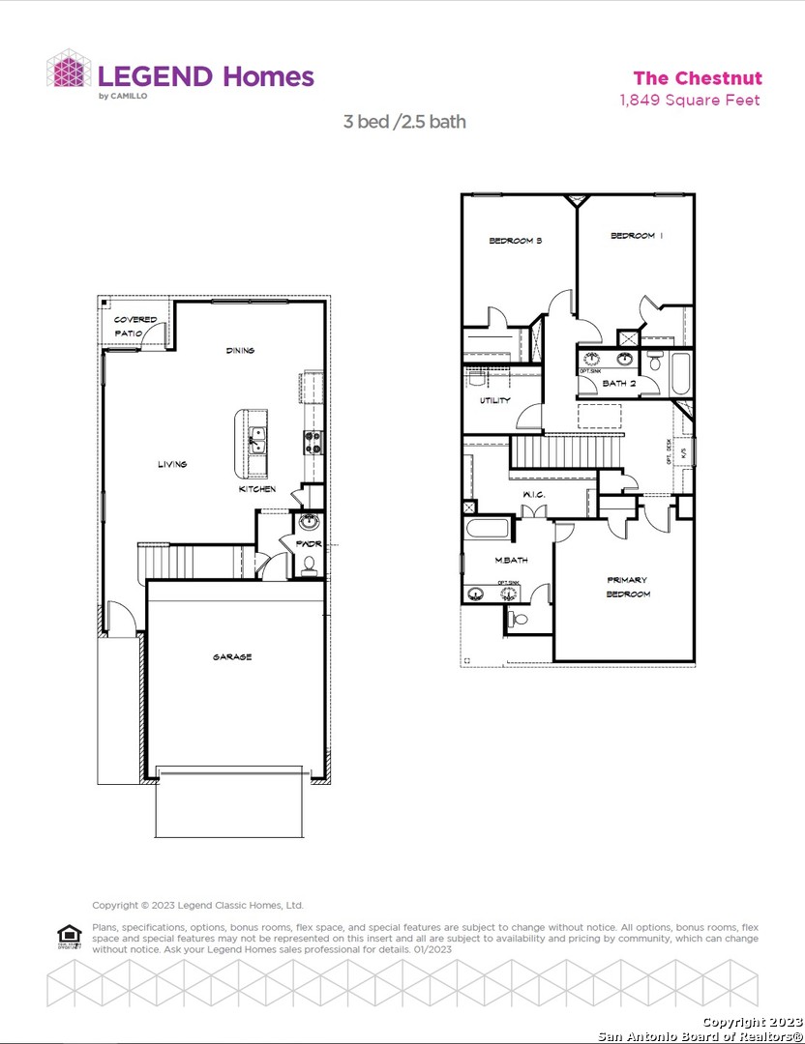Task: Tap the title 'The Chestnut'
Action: click(x=697, y=78)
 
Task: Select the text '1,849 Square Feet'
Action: click(x=689, y=100)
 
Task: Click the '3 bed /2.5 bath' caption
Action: click(x=404, y=122)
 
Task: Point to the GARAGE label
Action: click(x=232, y=657)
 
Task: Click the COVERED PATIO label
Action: click(x=134, y=326)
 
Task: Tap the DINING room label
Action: click(x=240, y=350)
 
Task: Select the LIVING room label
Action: click(x=172, y=464)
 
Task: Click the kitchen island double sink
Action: click(x=256, y=441)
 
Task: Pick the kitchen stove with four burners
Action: click(x=313, y=442)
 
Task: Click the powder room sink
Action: click(x=310, y=525)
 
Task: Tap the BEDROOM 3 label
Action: click(x=515, y=241)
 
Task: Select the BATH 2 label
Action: click(x=619, y=384)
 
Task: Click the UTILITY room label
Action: click(x=495, y=399)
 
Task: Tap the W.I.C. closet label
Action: click(x=535, y=496)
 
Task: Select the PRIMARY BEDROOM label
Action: click(x=628, y=587)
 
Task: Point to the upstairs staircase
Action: click(x=563, y=450)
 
